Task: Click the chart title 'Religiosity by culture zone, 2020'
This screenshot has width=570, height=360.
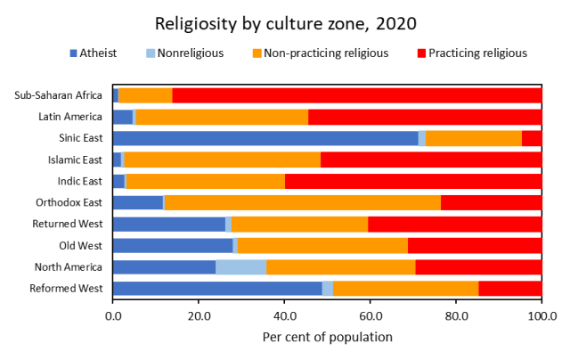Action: (x=284, y=22)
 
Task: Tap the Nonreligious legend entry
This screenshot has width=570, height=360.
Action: (x=183, y=53)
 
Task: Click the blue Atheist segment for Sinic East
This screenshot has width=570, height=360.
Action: (x=265, y=138)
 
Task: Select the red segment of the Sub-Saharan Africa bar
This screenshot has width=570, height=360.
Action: (x=356, y=95)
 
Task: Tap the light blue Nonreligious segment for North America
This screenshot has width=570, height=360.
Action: (x=240, y=266)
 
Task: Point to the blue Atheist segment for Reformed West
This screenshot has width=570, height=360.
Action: (x=217, y=288)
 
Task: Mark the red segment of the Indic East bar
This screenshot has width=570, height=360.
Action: (x=413, y=181)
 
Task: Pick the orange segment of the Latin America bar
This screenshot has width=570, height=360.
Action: (x=222, y=117)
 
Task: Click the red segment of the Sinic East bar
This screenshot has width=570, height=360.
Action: (x=532, y=138)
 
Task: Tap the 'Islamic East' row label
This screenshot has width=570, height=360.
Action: (x=74, y=160)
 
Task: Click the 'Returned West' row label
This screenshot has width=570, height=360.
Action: (x=70, y=224)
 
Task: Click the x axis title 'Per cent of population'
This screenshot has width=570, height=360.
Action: (x=327, y=337)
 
